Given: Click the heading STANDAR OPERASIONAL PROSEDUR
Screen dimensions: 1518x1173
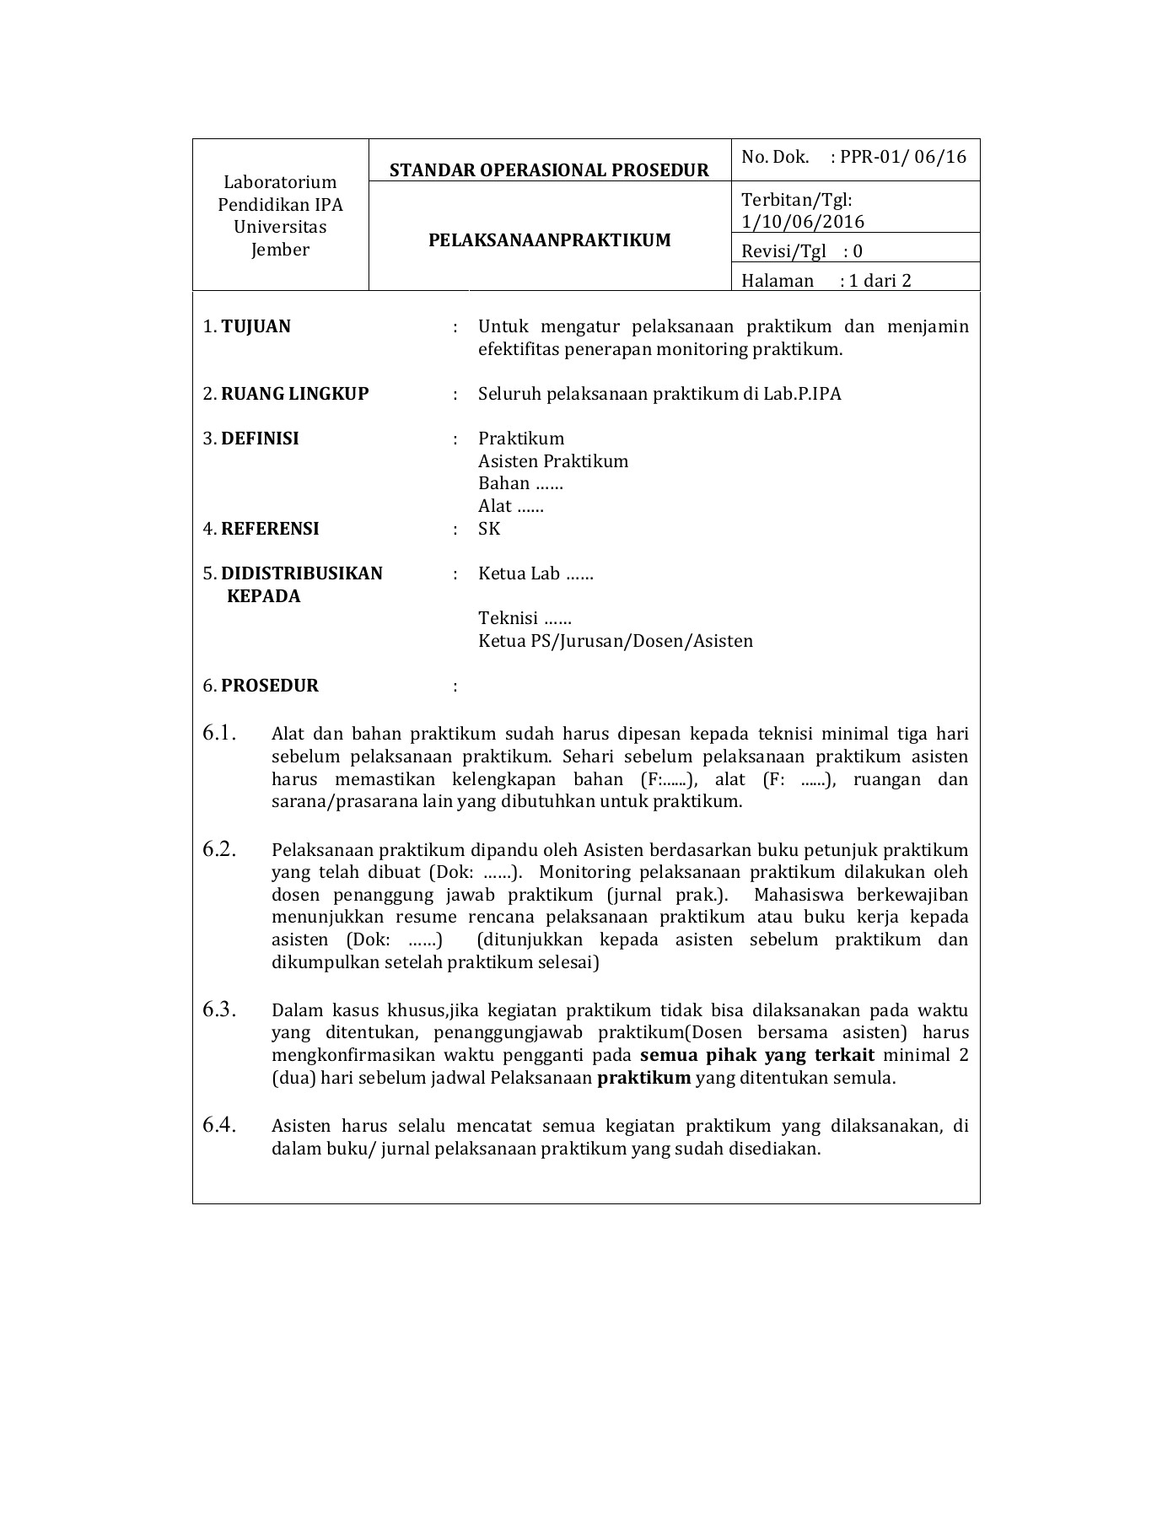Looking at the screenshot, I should click(549, 170).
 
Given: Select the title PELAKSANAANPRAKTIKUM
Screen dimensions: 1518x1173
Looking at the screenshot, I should click(550, 240).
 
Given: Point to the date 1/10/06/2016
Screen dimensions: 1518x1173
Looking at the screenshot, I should click(803, 222).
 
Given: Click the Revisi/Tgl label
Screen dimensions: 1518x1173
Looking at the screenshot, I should click(783, 251).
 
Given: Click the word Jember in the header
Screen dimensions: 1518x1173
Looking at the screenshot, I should click(280, 250).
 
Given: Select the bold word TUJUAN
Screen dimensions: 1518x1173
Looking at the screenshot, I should click(256, 326).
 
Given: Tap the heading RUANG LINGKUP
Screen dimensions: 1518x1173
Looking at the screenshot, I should click(294, 394).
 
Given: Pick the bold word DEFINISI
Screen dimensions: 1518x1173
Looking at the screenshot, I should click(260, 439).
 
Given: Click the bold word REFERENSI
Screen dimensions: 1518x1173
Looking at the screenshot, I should click(270, 529).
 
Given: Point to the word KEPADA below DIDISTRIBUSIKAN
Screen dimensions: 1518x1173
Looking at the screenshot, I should click(264, 596).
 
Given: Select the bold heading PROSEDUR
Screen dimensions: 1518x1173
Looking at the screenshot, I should click(270, 686).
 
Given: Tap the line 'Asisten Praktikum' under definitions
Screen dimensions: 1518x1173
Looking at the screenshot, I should click(553, 461).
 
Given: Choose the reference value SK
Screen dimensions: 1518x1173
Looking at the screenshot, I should click(489, 529).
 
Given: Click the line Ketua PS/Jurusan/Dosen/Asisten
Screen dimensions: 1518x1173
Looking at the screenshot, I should click(616, 641).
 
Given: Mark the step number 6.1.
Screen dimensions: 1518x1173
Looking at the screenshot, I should click(218, 734).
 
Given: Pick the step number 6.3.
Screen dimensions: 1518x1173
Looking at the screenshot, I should click(218, 1009).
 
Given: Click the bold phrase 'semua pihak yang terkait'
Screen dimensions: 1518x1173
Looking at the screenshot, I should click(757, 1055).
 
